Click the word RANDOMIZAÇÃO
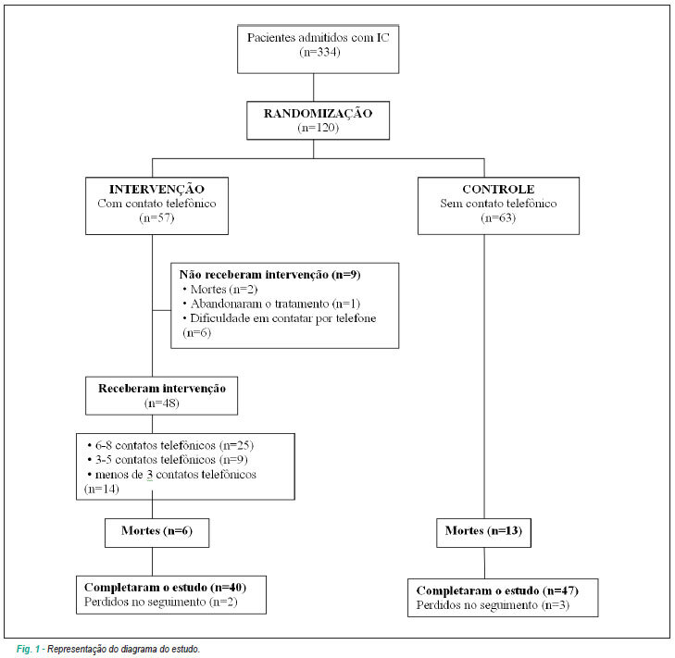click(318, 114)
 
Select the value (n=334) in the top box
click(319, 52)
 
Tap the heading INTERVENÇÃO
click(156, 189)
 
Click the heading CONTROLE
click(498, 189)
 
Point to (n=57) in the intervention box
click(156, 217)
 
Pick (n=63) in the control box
click(498, 217)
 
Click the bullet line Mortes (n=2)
click(219, 289)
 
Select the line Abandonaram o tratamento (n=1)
click(271, 304)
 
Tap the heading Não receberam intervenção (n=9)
click(269, 275)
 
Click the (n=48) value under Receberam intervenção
click(161, 403)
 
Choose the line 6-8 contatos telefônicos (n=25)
click(170, 445)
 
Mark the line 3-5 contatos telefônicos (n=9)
click(168, 460)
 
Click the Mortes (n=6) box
click(157, 533)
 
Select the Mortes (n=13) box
click(484, 533)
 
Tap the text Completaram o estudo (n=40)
click(165, 588)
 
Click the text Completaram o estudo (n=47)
click(497, 590)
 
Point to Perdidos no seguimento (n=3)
click(493, 605)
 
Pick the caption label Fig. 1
click(28, 649)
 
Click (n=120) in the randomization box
click(319, 128)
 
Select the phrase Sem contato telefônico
click(498, 203)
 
